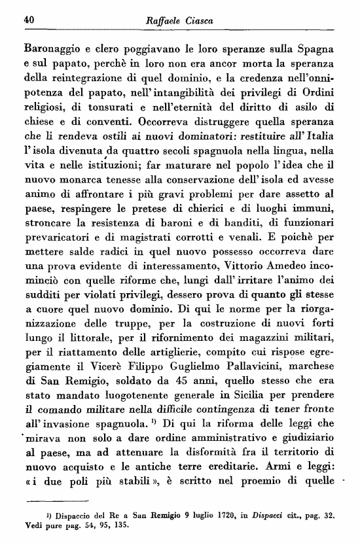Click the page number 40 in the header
pos(28,20)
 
